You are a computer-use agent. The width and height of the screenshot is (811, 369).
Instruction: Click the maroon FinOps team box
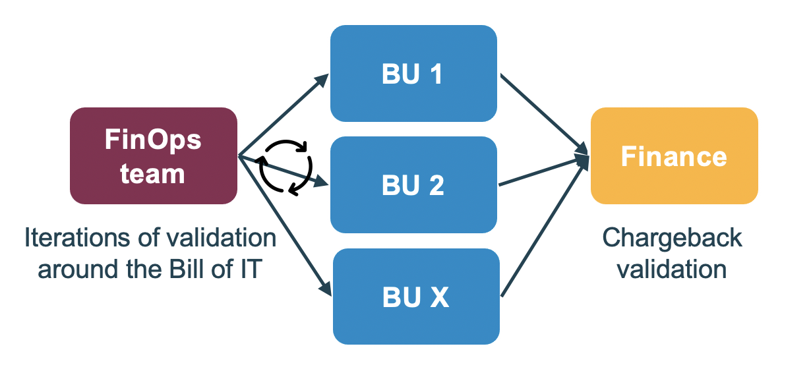(x=154, y=156)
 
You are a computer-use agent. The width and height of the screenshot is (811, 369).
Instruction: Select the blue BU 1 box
(x=413, y=73)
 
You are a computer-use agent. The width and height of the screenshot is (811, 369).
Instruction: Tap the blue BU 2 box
(x=413, y=185)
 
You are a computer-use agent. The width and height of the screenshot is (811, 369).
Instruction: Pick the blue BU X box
(x=416, y=297)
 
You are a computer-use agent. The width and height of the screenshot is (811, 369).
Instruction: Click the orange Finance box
(x=674, y=156)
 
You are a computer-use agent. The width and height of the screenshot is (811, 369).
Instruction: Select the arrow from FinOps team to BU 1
(x=284, y=115)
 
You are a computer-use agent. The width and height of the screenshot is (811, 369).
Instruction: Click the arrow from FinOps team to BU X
(x=285, y=226)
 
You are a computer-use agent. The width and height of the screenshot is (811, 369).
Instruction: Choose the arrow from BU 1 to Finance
(x=544, y=115)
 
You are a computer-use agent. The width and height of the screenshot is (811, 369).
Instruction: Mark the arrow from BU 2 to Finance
(x=544, y=171)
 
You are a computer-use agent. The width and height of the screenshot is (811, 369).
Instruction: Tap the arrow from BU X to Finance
(x=545, y=228)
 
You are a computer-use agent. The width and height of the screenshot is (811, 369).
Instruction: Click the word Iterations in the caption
(x=77, y=238)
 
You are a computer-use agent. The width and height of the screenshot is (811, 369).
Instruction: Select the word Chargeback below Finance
(x=672, y=238)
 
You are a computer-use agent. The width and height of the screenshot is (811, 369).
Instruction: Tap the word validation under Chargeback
(x=672, y=270)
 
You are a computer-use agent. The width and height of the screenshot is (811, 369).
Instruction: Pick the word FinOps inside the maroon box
(x=153, y=140)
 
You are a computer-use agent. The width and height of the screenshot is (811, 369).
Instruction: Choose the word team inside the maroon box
(x=152, y=175)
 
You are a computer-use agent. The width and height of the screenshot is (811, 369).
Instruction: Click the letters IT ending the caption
(x=249, y=269)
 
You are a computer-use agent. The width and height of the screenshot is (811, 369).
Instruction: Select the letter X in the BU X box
(x=439, y=297)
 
